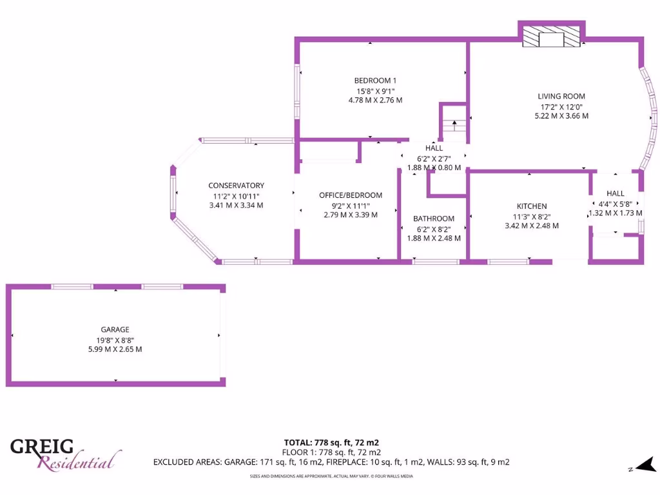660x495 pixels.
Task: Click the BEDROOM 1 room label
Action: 375,81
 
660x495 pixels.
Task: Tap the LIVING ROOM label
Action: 561,96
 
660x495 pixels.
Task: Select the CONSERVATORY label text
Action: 236,186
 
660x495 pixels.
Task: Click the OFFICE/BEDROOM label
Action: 351,195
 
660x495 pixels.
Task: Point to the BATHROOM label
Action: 434,218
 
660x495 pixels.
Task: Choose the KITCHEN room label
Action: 531,206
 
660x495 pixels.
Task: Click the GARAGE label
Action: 115,329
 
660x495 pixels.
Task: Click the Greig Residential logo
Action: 64,454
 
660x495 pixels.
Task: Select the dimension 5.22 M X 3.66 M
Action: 561,116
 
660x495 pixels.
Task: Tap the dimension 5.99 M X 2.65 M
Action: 115,349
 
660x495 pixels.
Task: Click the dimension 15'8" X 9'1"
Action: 375,91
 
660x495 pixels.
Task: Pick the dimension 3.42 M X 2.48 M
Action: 531,226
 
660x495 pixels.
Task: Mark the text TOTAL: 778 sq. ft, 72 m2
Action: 331,442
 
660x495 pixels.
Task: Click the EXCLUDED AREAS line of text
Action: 331,461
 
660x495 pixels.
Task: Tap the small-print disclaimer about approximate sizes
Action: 331,476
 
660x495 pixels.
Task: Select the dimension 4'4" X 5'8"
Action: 615,204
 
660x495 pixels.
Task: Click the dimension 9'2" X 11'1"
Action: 351,206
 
